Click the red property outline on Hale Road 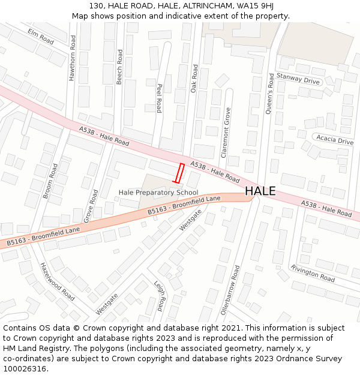tap(178, 173)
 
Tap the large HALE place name tap(260, 191)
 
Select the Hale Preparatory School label tap(158, 193)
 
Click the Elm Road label tap(41, 37)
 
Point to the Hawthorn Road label tap(73, 58)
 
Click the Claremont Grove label tap(227, 133)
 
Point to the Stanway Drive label tap(298, 79)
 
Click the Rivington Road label tap(313, 273)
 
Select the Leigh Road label tap(158, 296)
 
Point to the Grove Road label tap(91, 206)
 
